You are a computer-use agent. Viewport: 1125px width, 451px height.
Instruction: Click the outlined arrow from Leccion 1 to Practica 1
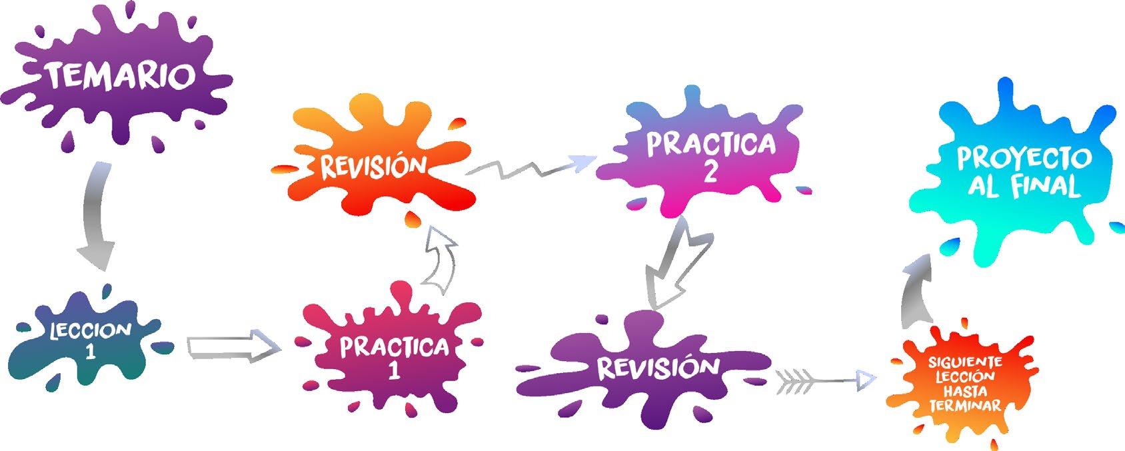(x=233, y=347)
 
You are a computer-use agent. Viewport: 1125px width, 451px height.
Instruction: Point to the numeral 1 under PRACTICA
(x=394, y=370)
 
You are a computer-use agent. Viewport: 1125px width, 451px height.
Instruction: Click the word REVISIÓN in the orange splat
(x=373, y=166)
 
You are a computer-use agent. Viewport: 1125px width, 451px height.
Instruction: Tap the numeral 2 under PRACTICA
(x=710, y=171)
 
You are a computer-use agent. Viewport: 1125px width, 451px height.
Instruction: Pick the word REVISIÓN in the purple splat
(x=648, y=367)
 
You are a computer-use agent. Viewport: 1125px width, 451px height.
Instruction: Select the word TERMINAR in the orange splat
(x=965, y=405)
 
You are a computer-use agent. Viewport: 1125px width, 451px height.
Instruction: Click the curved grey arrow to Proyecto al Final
(x=917, y=292)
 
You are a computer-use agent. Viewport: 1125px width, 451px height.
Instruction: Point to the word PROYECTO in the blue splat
(x=1023, y=159)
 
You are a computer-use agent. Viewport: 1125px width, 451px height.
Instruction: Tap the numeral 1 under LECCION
(x=90, y=351)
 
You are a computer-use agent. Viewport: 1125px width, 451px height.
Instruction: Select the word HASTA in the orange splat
(x=965, y=391)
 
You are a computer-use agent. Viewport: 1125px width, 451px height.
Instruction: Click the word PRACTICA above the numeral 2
(x=710, y=144)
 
